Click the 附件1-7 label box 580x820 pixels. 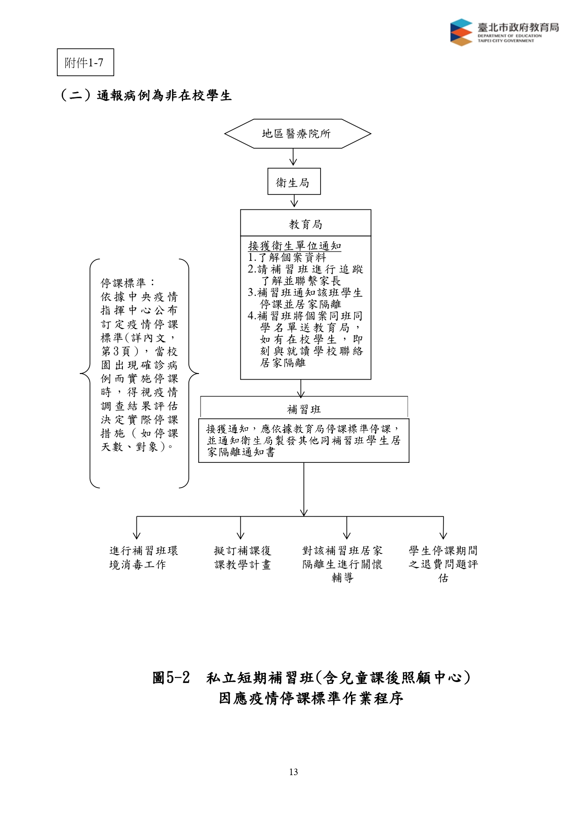85,62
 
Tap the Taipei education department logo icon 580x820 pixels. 461,32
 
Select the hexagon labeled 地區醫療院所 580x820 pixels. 298,134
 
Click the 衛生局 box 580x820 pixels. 294,181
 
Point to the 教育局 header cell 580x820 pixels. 306,223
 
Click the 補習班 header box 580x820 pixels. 304,408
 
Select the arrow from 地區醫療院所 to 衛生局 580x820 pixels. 293,157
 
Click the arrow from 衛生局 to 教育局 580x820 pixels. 294,201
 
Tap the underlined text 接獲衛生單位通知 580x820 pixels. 294,246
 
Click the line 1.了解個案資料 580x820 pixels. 287,258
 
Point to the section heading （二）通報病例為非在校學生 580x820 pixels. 146,95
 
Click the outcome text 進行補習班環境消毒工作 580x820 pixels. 143,558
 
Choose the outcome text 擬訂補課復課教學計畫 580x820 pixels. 243,558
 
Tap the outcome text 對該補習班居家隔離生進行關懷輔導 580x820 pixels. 343,564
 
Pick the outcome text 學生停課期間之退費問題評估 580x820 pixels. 443,564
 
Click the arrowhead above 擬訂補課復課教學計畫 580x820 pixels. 241,535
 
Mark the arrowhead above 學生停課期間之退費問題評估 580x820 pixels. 444,535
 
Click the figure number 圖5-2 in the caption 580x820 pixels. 171,677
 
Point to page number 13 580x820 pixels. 294,772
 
